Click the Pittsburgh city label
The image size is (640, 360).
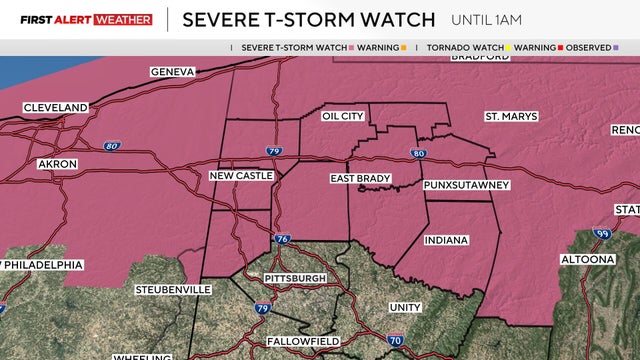[295, 277]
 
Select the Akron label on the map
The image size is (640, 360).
[56, 162]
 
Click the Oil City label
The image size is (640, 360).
[342, 116]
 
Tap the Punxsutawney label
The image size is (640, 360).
[466, 185]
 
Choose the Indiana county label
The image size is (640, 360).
[445, 241]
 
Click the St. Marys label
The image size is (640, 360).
[511, 116]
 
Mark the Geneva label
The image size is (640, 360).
[172, 72]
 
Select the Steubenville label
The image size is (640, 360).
[173, 289]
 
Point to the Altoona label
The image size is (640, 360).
[586, 260]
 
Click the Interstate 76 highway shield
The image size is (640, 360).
[282, 239]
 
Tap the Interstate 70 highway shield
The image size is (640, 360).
[396, 341]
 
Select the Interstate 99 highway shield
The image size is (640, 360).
[601, 234]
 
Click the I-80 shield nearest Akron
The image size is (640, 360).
[110, 146]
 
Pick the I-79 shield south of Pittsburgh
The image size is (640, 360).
[261, 308]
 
